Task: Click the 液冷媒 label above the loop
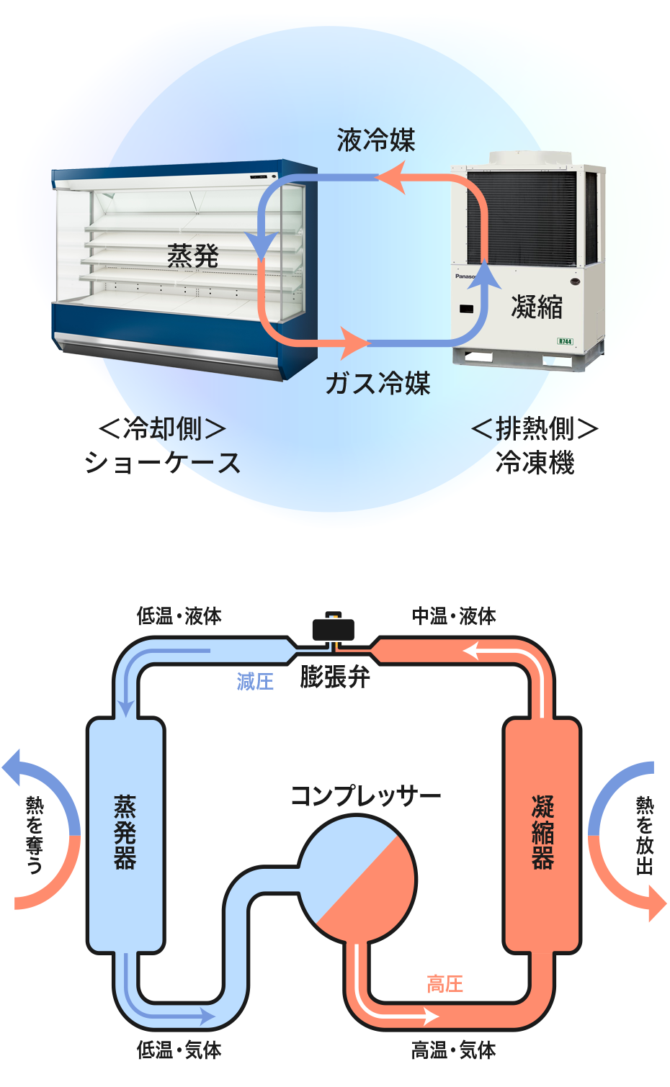[x=376, y=140]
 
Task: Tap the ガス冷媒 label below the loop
[x=378, y=383]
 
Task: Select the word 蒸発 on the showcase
[x=193, y=256]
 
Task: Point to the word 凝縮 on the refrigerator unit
[x=537, y=307]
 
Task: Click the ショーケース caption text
[x=162, y=462]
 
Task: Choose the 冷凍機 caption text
[x=535, y=462]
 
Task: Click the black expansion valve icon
[x=333, y=629]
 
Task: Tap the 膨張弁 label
[x=335, y=677]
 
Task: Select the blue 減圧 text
[x=255, y=681]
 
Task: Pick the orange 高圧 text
[x=445, y=984]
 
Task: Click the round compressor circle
[x=358, y=878]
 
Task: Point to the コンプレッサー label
[x=365, y=796]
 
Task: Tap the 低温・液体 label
[x=179, y=616]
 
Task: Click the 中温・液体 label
[x=454, y=616]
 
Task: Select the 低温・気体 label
[x=179, y=1050]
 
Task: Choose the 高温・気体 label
[x=454, y=1050]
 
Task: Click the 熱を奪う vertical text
[x=34, y=835]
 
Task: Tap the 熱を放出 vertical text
[x=644, y=835]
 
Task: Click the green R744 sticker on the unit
[x=566, y=341]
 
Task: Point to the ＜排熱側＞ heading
[x=535, y=429]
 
